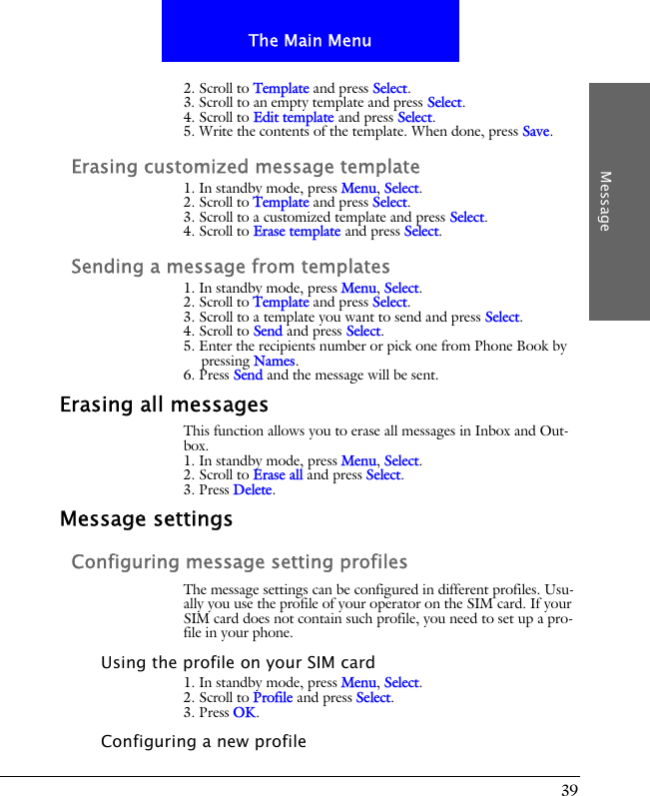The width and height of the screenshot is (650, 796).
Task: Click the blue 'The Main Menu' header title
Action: pyautogui.click(x=310, y=41)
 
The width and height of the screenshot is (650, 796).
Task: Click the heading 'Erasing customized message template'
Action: pyautogui.click(x=246, y=167)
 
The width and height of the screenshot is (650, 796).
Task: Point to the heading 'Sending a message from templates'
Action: pyautogui.click(x=231, y=267)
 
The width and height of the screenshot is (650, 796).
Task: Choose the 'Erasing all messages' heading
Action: pyautogui.click(x=164, y=404)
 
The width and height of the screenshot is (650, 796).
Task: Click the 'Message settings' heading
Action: pyautogui.click(x=146, y=519)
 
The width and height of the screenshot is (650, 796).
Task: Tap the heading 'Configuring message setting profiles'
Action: pyautogui.click(x=240, y=562)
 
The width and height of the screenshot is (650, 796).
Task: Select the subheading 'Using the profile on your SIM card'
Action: pyautogui.click(x=239, y=662)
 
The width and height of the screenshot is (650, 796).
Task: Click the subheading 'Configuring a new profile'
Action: pyautogui.click(x=204, y=741)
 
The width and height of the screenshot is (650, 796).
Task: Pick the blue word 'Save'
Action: pyautogui.click(x=536, y=132)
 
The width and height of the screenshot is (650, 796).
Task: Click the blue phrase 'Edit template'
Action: pyautogui.click(x=294, y=117)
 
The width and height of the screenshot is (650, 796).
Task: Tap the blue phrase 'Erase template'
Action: pyautogui.click(x=297, y=232)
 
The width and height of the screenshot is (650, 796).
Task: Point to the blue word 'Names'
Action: pyautogui.click(x=275, y=361)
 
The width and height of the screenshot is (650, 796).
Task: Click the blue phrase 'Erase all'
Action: pyautogui.click(x=278, y=475)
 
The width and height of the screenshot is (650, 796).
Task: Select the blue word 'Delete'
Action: pyautogui.click(x=253, y=490)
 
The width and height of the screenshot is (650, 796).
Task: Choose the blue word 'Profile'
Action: pyautogui.click(x=273, y=698)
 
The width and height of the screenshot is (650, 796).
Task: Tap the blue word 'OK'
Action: pyautogui.click(x=245, y=713)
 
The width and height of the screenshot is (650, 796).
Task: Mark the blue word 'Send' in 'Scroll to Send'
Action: pyautogui.click(x=268, y=332)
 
